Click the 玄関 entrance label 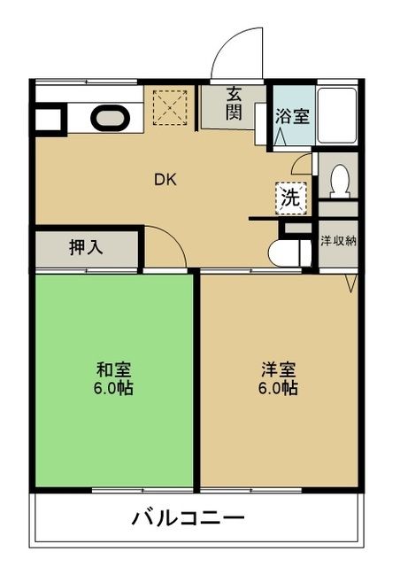tap(235, 104)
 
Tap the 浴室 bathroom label tap(292, 115)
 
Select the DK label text tap(165, 180)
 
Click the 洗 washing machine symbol tap(290, 198)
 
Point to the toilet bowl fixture tap(337, 181)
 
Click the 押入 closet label tap(86, 247)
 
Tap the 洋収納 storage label tap(337, 240)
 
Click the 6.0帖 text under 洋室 tap(278, 388)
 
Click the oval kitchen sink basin tap(109, 117)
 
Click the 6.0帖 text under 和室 tap(114, 388)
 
